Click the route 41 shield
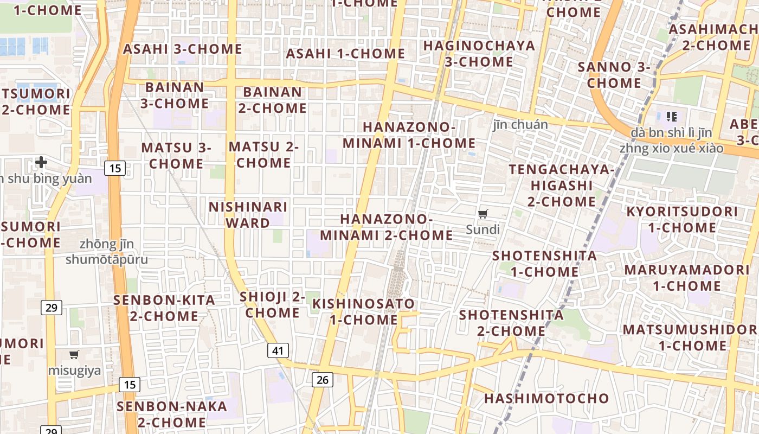(278, 350)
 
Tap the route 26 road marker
(322, 380)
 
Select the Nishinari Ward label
(248, 215)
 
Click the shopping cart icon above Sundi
(483, 214)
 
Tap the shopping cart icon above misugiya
(74, 355)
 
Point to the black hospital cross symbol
(41, 162)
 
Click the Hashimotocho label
(546, 398)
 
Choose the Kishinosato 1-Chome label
(364, 311)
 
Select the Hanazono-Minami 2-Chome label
(386, 227)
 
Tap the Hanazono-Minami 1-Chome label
(409, 135)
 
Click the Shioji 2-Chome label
(273, 304)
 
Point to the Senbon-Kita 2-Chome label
(164, 308)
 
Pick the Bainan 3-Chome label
(175, 95)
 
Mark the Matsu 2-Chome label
(263, 155)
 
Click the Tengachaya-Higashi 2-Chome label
(562, 186)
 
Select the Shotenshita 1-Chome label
(544, 263)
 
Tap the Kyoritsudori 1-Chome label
(682, 219)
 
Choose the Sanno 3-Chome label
(614, 75)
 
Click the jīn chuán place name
(520, 124)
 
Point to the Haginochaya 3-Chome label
(479, 53)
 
